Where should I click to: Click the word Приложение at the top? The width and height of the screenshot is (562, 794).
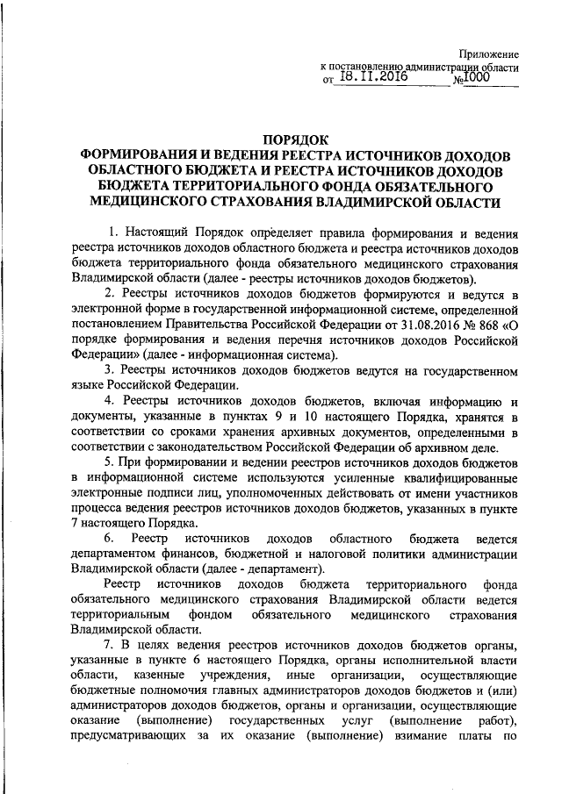click(x=491, y=54)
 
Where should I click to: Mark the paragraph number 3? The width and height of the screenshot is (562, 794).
click(x=108, y=371)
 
